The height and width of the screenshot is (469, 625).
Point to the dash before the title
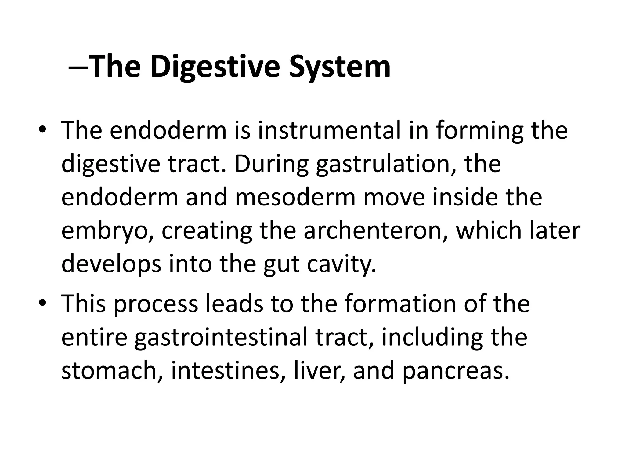tap(79, 68)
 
